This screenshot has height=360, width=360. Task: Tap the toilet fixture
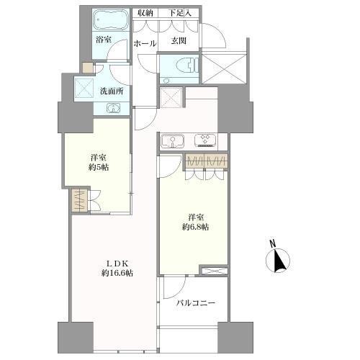(188, 65)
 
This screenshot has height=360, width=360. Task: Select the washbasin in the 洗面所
(113, 108)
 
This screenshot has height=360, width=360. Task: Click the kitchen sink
(173, 142)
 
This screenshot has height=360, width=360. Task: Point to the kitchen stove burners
(205, 140)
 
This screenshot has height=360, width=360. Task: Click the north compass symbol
(278, 261)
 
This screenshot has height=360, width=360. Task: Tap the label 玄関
(179, 41)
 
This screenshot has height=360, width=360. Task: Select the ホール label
(145, 44)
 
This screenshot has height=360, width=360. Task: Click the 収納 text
(145, 13)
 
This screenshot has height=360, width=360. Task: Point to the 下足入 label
(179, 13)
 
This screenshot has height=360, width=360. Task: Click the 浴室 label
(104, 40)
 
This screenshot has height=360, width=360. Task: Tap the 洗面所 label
(112, 91)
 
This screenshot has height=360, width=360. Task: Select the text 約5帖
(99, 167)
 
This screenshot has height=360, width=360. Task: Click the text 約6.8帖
(195, 227)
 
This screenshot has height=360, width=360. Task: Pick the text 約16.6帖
(117, 273)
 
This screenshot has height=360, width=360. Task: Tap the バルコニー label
(196, 303)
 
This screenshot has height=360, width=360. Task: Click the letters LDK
(117, 264)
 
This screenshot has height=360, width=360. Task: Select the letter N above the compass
(272, 244)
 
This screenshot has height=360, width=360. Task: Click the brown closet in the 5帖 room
(79, 201)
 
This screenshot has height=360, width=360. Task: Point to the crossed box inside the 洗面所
(84, 88)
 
